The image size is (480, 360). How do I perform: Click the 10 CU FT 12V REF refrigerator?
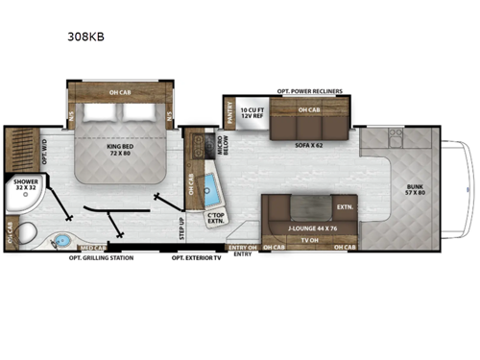(251, 114)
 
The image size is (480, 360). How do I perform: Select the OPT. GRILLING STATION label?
(100, 257)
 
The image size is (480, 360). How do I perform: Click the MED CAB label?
(93, 248)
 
